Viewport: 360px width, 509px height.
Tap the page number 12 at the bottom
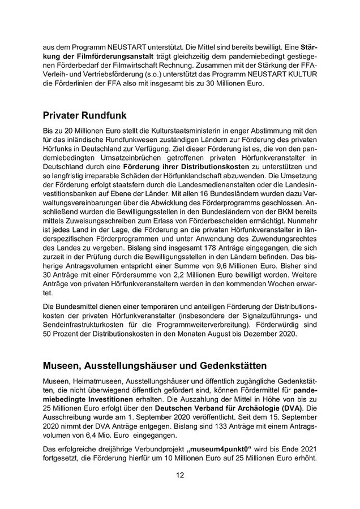pos(179,474)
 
